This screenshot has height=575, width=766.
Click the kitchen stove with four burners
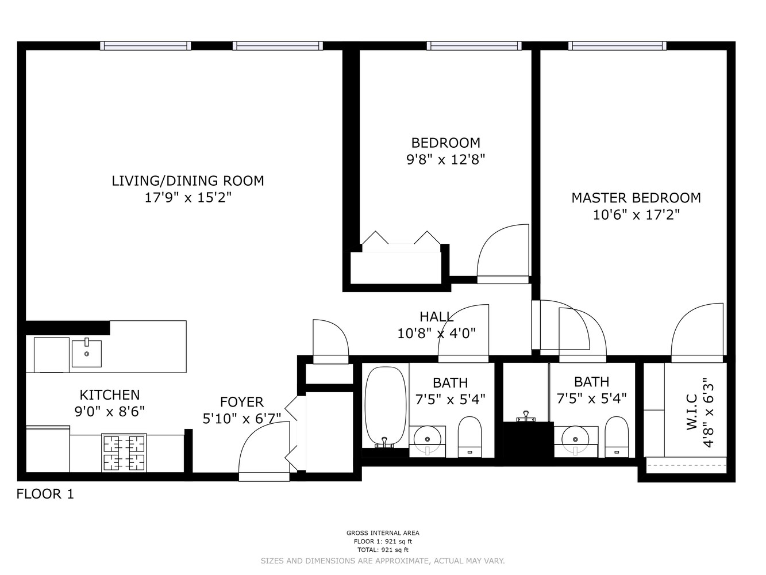[124, 453]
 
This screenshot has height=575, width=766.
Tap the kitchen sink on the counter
[86, 354]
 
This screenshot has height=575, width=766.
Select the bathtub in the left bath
[385, 407]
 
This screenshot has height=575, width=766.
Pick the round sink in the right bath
[575, 440]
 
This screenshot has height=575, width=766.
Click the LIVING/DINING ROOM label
[188, 181]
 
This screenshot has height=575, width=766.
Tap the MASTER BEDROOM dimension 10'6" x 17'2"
[636, 215]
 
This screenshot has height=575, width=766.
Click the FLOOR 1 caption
[45, 494]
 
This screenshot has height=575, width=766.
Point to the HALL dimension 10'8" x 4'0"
[436, 333]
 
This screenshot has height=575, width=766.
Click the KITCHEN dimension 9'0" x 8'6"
[109, 412]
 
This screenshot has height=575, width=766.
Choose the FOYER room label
[241, 402]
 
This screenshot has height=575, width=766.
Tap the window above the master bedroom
[618, 46]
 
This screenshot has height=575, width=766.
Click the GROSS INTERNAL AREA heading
[383, 533]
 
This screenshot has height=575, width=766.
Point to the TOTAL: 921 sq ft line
[383, 550]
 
